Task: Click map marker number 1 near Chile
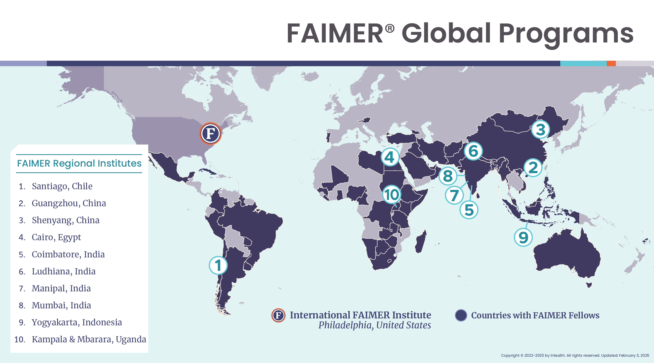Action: [x=218, y=265]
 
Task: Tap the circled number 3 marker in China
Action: [x=540, y=129]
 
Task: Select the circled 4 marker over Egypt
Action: [x=390, y=157]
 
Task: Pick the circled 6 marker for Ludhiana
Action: [x=473, y=151]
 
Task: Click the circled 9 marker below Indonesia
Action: [x=523, y=237]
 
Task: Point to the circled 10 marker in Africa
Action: [x=392, y=194]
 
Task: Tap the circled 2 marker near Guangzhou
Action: [x=533, y=167]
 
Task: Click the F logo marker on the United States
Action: [x=210, y=133]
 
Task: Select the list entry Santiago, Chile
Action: [x=62, y=186]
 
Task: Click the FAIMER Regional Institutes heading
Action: [x=79, y=163]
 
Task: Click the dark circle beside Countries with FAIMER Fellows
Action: [x=461, y=315]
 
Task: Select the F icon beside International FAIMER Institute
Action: [x=278, y=315]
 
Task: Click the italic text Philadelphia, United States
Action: [x=375, y=325]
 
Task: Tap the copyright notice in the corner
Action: [x=575, y=355]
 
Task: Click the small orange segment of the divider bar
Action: [x=611, y=63]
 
